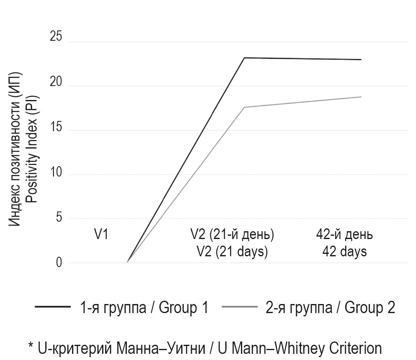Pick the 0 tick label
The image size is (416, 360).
click(x=59, y=262)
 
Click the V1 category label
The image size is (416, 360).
click(x=101, y=235)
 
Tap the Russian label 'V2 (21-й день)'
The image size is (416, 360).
click(x=232, y=235)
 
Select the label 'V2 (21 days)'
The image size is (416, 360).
click(x=232, y=251)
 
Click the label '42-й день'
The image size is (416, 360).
click(x=344, y=235)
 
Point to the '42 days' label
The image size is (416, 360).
click(x=344, y=251)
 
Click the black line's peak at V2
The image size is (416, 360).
click(x=244, y=58)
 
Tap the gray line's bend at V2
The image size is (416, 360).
click(x=244, y=107)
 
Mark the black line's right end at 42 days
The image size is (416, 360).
click(x=361, y=60)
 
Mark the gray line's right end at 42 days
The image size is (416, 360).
click(x=361, y=97)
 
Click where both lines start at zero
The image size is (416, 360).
click(x=127, y=262)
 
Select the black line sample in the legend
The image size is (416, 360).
click(x=52, y=307)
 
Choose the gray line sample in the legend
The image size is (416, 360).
click(x=239, y=307)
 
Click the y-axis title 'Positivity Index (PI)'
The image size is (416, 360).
click(x=32, y=149)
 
